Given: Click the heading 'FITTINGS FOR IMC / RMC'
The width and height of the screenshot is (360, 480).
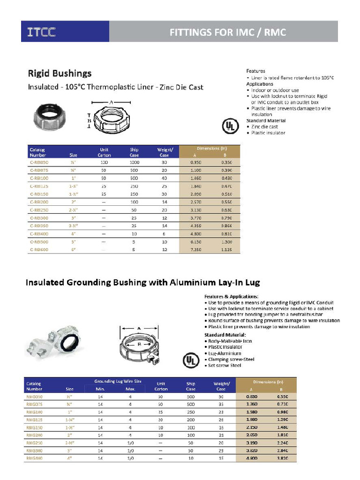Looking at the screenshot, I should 227,32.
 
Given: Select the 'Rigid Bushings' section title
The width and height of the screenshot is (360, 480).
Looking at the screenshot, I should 60,74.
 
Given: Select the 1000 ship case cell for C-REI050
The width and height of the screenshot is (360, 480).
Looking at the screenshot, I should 134,162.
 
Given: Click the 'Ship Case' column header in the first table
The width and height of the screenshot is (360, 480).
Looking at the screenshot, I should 134,152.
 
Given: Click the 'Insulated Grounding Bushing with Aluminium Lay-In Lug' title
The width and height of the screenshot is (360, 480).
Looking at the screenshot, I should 142,283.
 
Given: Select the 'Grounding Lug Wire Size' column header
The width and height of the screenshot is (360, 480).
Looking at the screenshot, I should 118,381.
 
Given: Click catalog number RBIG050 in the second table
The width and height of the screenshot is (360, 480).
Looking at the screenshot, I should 34,397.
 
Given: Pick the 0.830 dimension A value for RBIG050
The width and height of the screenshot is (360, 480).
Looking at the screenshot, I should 252,397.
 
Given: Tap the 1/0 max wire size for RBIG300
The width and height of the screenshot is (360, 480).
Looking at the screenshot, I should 130,450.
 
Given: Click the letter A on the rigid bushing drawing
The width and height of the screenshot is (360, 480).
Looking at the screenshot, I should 111,102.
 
